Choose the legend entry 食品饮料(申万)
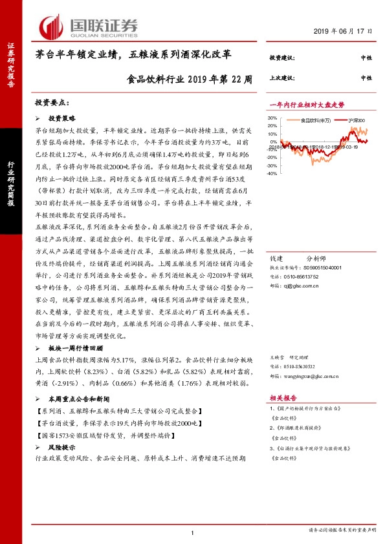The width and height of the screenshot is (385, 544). (316, 120)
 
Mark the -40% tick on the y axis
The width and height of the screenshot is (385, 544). (272, 173)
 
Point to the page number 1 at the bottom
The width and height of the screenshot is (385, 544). (193, 532)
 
